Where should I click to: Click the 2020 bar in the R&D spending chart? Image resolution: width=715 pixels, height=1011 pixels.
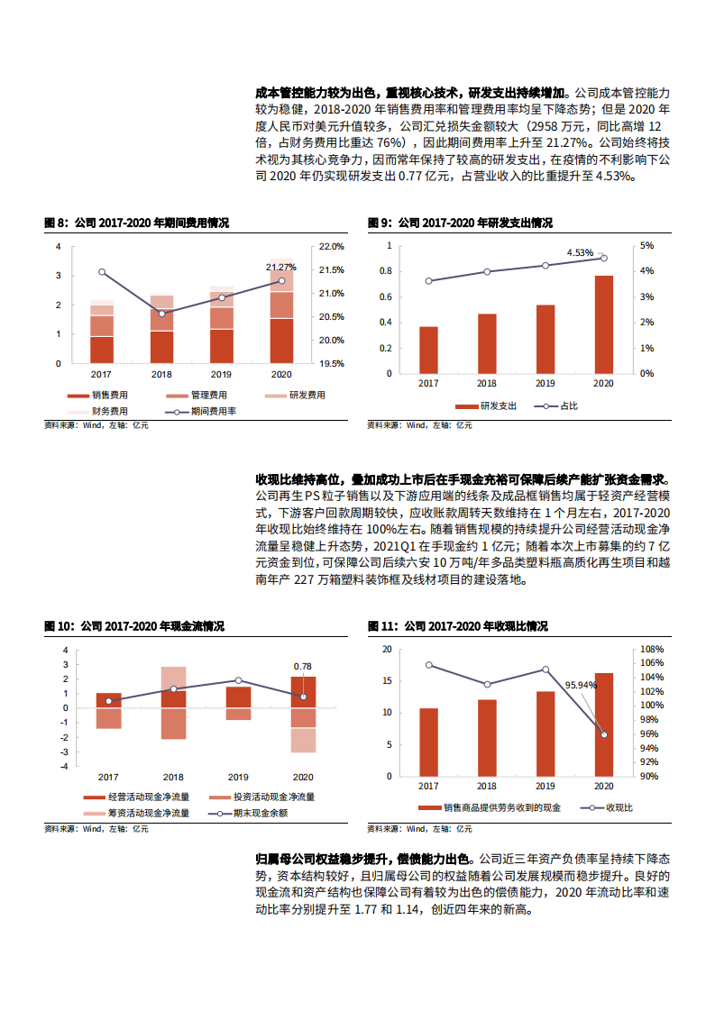coord(603,323)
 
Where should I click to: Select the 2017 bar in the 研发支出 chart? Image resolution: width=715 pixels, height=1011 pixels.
coord(429,350)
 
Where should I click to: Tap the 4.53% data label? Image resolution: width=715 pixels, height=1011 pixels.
coord(580,252)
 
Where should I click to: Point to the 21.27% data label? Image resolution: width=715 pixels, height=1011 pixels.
coord(280,267)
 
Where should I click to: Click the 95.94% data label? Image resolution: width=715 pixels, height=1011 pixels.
coord(581,685)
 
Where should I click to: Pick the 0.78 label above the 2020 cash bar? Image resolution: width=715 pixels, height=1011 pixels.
coord(302,666)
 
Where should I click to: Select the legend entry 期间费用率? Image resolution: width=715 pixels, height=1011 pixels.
coord(213,410)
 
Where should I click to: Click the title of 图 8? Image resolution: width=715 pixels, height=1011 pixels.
coord(136,223)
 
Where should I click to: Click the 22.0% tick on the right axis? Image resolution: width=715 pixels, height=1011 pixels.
coord(332,246)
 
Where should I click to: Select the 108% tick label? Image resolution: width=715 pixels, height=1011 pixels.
coord(650,649)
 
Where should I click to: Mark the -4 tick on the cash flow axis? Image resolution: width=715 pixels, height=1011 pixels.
coord(62,766)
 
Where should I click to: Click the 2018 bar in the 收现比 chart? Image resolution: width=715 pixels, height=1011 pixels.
coord(487,737)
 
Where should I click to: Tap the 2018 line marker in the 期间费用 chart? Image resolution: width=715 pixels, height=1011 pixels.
coord(161,313)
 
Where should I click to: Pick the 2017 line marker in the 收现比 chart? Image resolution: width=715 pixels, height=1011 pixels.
coord(429,665)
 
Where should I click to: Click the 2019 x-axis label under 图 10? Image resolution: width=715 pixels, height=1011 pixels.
coord(238,777)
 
